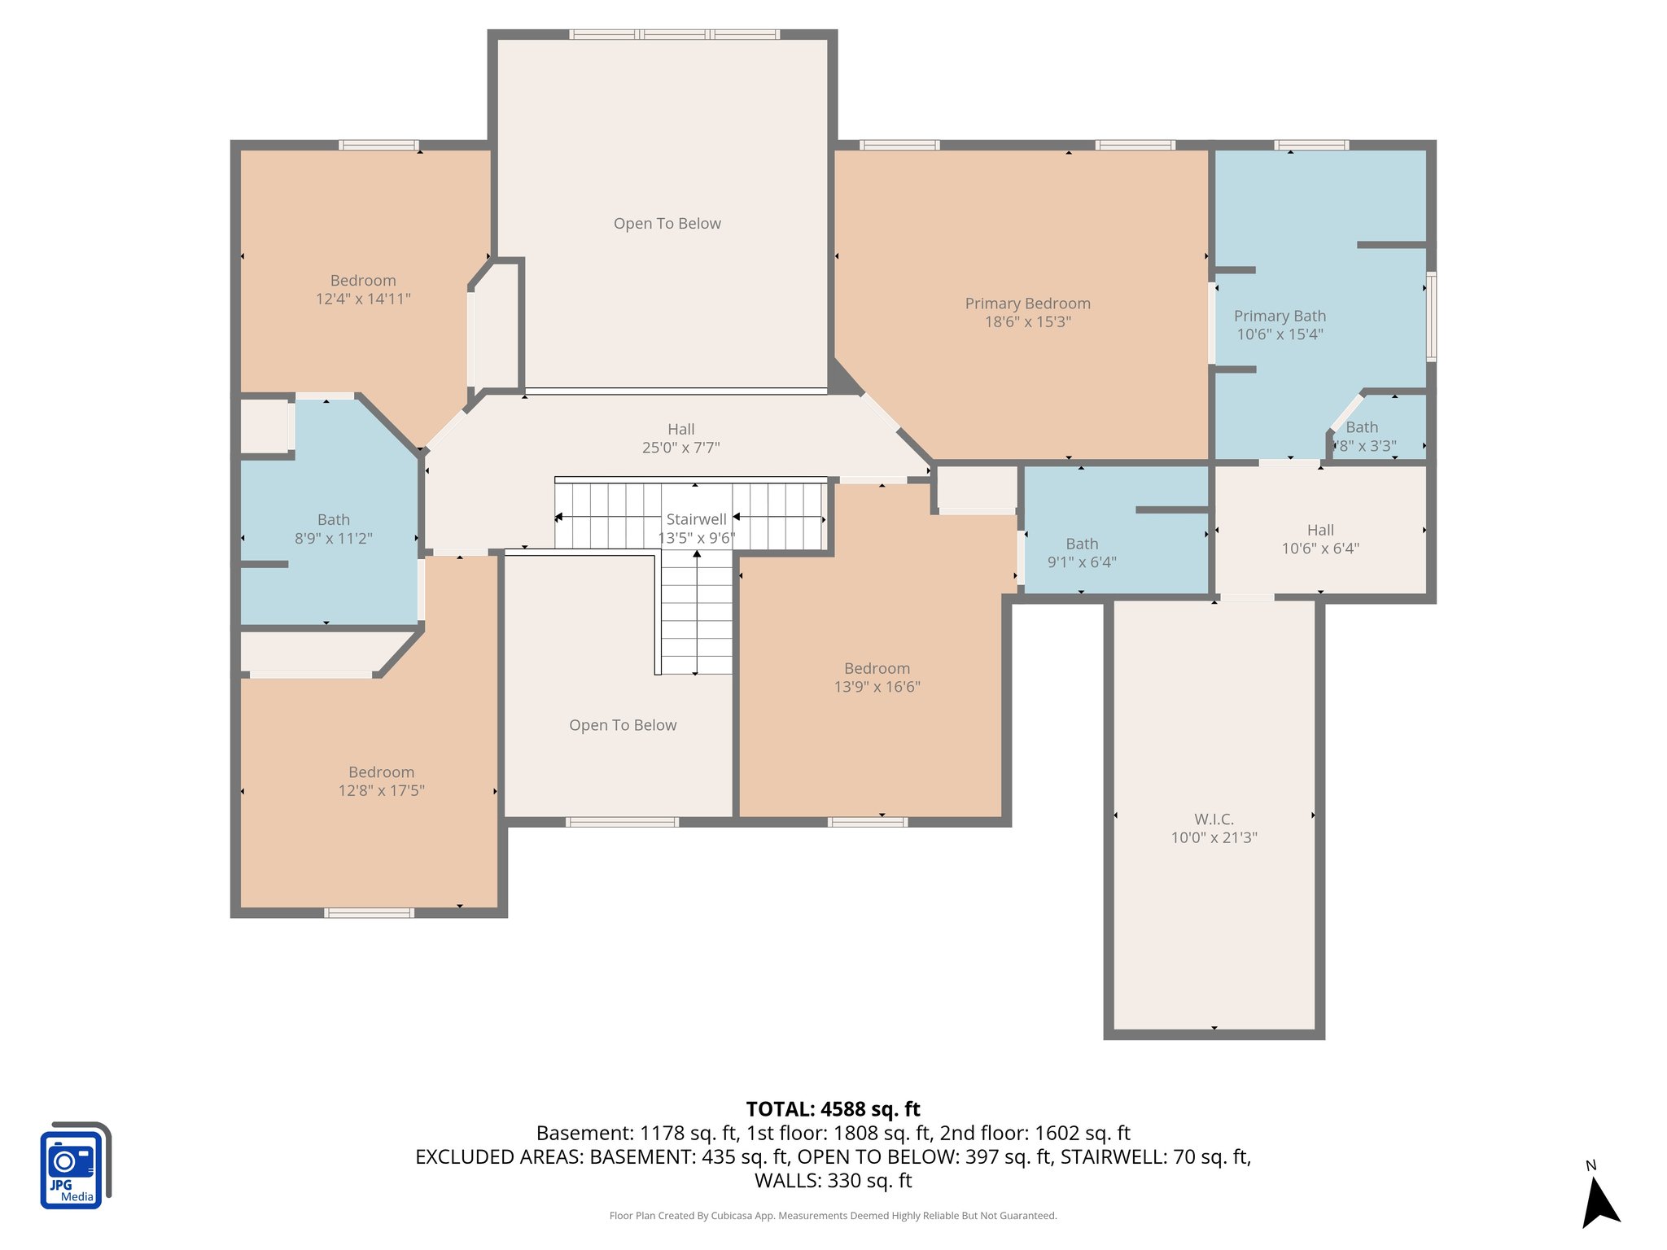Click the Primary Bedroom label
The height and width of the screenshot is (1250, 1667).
pos(1027,304)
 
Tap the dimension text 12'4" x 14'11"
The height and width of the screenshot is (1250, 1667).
pos(363,299)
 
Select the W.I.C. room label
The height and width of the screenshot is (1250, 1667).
pos(1214,819)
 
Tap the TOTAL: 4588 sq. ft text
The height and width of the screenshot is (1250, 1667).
pos(833,1109)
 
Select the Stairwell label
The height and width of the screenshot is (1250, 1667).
pos(696,519)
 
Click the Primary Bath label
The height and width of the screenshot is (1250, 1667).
pos(1280,316)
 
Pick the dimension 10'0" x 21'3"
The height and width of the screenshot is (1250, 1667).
pos(1214,838)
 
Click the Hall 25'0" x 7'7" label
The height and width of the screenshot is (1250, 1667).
pos(680,438)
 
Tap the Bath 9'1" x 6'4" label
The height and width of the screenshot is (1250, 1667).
pos(1082,553)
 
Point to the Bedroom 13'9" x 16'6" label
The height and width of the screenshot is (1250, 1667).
pos(877,677)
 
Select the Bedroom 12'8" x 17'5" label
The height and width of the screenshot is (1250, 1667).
pos(381,781)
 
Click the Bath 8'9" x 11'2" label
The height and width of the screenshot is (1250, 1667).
pos(333,528)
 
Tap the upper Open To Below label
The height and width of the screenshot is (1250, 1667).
pos(667,224)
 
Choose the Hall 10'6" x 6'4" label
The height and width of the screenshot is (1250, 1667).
pos(1319,539)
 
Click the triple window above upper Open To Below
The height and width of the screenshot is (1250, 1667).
pos(674,34)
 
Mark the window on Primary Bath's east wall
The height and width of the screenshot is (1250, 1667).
pos(1431,317)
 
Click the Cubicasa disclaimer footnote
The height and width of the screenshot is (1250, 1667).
pos(833,1216)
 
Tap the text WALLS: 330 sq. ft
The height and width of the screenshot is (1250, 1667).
pos(833,1181)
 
